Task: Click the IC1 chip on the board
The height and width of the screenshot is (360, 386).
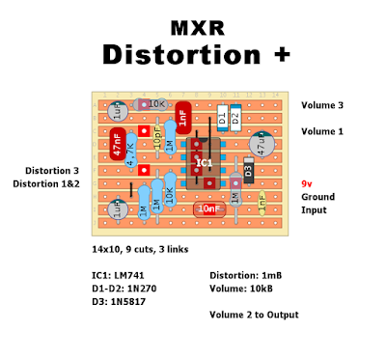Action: [203, 161]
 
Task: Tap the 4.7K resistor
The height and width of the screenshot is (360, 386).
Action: [131, 157]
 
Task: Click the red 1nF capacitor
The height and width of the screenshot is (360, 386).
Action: [182, 119]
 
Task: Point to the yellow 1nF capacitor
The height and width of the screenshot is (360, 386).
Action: [261, 200]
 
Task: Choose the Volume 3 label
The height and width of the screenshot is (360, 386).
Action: [322, 105]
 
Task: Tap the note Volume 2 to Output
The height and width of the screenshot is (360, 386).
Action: [254, 315]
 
